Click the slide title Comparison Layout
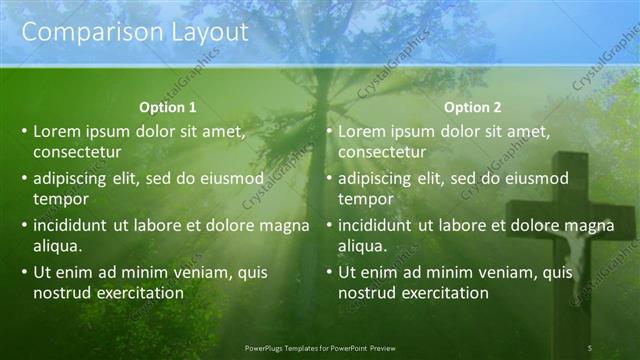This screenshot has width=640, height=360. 135,32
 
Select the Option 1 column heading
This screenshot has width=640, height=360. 167,107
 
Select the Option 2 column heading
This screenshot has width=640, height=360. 473,107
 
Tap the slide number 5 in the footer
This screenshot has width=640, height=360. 589,347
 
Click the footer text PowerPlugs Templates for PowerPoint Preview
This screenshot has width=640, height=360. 320,347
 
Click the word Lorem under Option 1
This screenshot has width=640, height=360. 58,131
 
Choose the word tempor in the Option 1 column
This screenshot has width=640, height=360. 59,199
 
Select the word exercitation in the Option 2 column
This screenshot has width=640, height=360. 442,293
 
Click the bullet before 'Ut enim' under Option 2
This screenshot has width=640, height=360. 330,273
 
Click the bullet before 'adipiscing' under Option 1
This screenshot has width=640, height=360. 24,179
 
